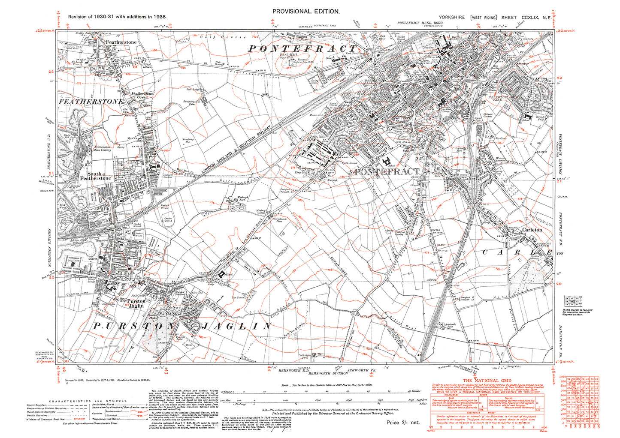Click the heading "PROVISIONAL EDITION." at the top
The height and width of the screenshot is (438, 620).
click(306, 12)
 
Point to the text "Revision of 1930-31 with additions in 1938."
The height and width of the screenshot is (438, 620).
click(117, 17)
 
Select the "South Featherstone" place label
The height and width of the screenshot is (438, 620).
click(95, 176)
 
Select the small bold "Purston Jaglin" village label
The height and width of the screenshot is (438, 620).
click(136, 303)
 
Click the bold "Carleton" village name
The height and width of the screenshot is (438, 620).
click(532, 230)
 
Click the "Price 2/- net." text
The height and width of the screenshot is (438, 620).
click(403, 422)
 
